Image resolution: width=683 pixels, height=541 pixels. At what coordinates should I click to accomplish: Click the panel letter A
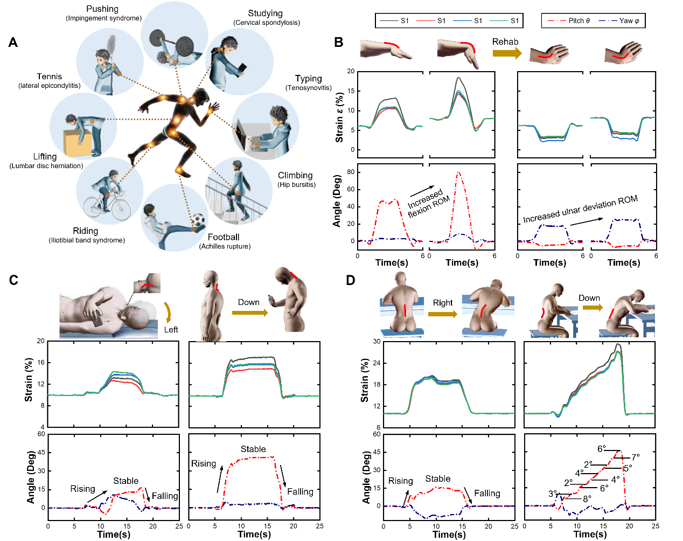(13, 42)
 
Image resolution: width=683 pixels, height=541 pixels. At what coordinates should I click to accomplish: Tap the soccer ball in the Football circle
(199, 220)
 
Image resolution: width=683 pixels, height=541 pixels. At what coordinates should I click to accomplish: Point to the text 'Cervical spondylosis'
(267, 23)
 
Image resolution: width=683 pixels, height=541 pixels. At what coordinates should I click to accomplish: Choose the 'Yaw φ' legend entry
(619, 21)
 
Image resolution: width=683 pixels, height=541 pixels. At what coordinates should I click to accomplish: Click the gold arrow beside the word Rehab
(507, 53)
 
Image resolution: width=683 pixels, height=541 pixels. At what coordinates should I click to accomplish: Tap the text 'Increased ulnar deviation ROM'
(581, 209)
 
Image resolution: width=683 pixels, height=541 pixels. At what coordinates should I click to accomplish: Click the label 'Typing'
(308, 79)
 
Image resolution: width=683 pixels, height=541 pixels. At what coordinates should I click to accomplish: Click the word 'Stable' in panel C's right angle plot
(253, 449)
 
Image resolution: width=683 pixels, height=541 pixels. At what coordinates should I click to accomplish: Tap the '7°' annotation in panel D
(636, 457)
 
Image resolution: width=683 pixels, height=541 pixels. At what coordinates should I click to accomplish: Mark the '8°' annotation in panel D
(587, 499)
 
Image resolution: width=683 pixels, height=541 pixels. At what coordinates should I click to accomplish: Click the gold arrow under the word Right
(443, 314)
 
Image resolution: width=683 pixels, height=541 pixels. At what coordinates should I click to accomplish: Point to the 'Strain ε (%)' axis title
(339, 117)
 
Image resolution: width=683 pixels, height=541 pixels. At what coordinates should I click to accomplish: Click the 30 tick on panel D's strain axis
(377, 342)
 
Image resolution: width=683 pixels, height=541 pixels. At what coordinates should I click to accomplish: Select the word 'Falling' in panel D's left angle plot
(487, 493)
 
